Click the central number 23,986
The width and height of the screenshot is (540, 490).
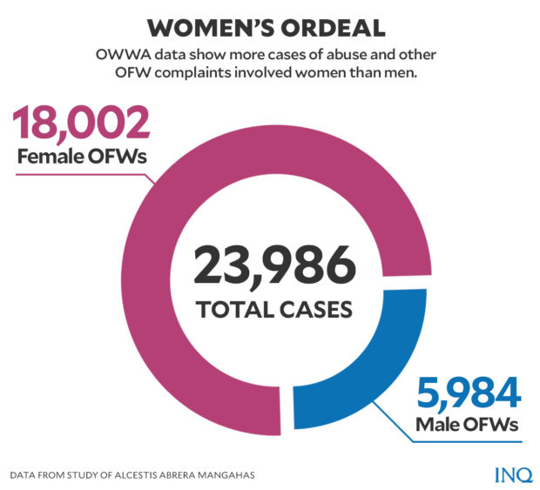click(274, 265)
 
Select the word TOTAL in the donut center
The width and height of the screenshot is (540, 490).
click(233, 309)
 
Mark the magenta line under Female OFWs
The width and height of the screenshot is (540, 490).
click(70, 173)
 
